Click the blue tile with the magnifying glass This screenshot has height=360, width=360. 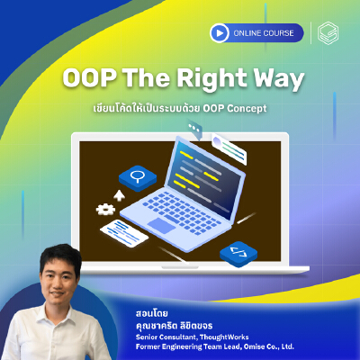coord(138,176)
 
